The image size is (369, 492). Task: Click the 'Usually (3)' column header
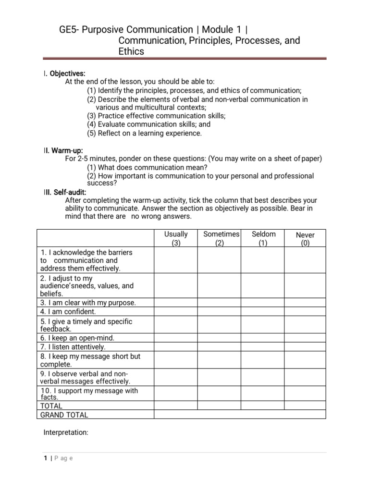pyautogui.click(x=176, y=238)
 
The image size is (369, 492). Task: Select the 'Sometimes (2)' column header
pyautogui.click(x=220, y=238)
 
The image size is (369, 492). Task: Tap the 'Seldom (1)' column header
pyautogui.click(x=263, y=238)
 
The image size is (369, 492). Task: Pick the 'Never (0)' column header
pyautogui.click(x=305, y=239)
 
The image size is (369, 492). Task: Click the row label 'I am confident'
pyautogui.click(x=69, y=311)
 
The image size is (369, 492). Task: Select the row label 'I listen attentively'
pyautogui.click(x=73, y=346)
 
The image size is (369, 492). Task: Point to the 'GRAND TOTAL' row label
pyautogui.click(x=64, y=415)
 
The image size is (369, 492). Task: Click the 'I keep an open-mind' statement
pyautogui.click(x=77, y=338)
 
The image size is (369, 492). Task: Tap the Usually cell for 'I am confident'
pyautogui.click(x=176, y=311)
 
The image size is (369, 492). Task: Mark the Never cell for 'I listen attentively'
pyautogui.click(x=305, y=346)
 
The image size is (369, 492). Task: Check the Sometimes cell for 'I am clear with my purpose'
pyautogui.click(x=220, y=303)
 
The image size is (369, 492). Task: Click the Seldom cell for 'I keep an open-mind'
pyautogui.click(x=263, y=338)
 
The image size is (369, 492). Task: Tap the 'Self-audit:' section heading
pyautogui.click(x=68, y=192)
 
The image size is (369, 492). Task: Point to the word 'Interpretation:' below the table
pyautogui.click(x=66, y=432)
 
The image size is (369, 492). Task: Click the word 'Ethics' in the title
pyautogui.click(x=131, y=51)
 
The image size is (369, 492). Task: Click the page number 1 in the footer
pyautogui.click(x=45, y=458)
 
